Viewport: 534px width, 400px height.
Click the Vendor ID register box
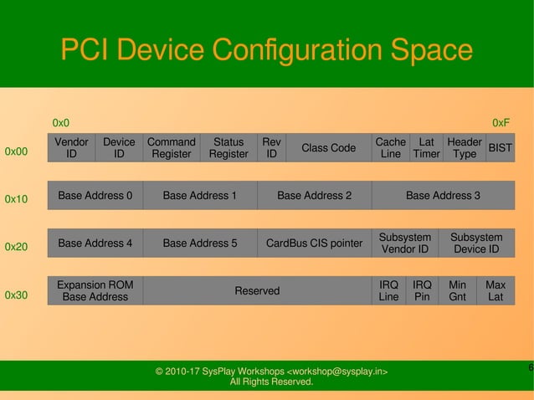click(x=71, y=148)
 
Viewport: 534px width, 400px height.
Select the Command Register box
click(x=171, y=148)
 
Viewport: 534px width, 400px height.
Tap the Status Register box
click(x=228, y=148)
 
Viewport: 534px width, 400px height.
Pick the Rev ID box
click(x=271, y=148)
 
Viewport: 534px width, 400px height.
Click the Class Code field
click(x=328, y=148)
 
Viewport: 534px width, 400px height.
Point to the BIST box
click(x=500, y=148)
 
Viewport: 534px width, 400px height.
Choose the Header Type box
click(x=464, y=148)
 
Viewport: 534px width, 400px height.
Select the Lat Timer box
click(x=426, y=148)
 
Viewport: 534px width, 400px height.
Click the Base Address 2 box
click(x=314, y=196)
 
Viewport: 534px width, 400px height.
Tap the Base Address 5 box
click(x=199, y=244)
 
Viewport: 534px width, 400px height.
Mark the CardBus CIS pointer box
click(x=314, y=244)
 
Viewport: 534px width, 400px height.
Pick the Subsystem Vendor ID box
click(x=404, y=244)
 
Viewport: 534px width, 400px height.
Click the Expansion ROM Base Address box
click(x=95, y=290)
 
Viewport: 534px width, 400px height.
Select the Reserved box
click(x=257, y=290)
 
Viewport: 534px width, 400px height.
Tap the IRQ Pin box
click(x=422, y=290)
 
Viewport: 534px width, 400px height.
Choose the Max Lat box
click(x=495, y=290)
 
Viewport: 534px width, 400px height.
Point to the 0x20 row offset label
click(x=17, y=248)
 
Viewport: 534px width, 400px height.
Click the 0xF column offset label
click(x=501, y=123)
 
